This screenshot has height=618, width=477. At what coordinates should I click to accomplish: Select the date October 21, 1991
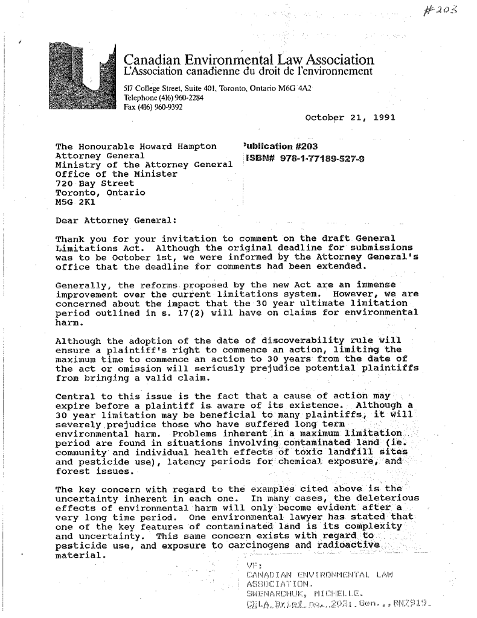click(x=351, y=117)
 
